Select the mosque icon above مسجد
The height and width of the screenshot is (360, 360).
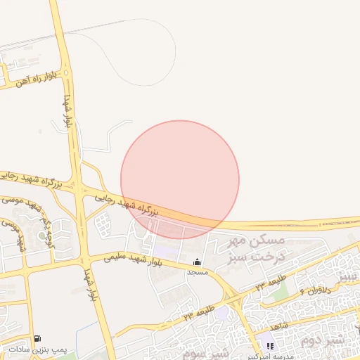tap(195, 262)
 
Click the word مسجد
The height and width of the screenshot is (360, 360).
tap(195, 271)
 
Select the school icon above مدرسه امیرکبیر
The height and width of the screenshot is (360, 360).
tap(270, 346)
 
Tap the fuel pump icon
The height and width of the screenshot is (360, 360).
tap(37, 339)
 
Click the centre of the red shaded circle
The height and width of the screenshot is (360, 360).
tap(180, 179)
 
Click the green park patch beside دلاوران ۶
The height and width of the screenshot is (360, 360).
tap(281, 293)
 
